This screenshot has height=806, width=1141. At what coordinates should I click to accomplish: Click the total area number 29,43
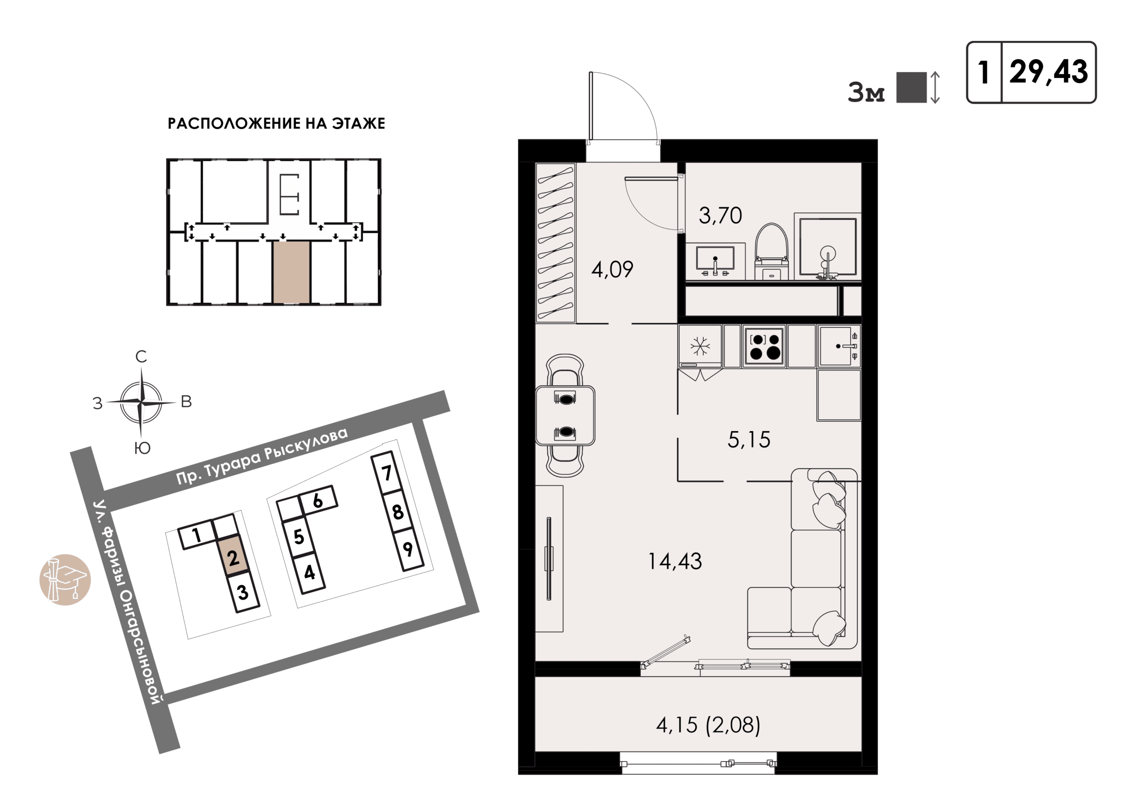click(1049, 72)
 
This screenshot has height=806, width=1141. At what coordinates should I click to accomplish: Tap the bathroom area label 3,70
click(720, 216)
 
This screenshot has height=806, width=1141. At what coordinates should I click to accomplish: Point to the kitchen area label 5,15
click(749, 440)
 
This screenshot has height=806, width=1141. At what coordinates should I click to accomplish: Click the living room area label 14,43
click(675, 561)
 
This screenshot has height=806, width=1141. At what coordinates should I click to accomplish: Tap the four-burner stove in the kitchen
click(764, 346)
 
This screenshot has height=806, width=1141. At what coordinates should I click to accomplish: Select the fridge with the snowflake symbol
click(700, 346)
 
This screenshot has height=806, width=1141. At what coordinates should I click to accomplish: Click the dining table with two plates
click(565, 415)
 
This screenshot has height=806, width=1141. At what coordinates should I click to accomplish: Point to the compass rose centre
click(142, 402)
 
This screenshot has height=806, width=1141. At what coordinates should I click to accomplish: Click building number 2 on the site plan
click(233, 557)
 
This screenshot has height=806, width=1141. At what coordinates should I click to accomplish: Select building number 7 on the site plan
click(386, 473)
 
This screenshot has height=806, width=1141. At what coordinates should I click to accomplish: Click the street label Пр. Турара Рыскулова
click(262, 456)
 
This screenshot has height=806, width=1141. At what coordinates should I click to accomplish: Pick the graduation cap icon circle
click(65, 579)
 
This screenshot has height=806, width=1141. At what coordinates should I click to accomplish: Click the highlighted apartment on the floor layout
click(291, 272)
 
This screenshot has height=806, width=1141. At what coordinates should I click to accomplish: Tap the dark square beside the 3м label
click(911, 87)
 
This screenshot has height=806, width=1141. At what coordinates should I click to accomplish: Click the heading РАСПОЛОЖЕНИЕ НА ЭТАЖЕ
click(276, 123)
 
